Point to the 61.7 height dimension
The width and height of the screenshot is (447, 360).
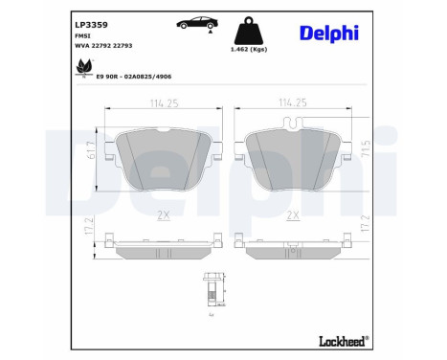tap(92, 149)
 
